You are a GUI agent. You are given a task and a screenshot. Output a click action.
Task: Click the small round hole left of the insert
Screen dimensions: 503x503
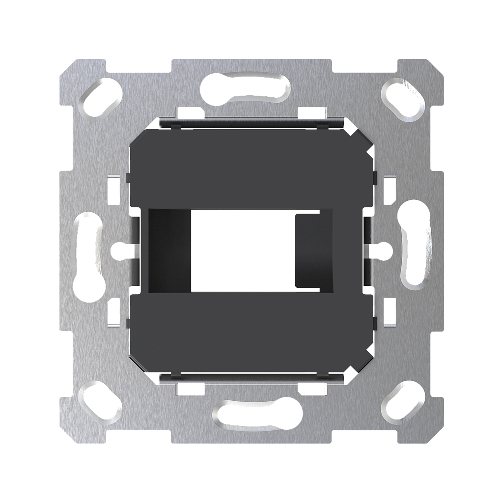(x=117, y=251)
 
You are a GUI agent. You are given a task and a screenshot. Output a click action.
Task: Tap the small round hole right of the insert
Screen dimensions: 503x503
(x=385, y=251)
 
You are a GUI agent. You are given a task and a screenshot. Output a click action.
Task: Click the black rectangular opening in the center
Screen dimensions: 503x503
(x=242, y=251)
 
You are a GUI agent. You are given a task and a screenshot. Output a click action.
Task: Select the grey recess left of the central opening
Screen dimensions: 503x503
(x=168, y=251)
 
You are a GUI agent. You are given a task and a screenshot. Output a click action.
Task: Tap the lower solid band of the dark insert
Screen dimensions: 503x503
(x=251, y=334)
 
